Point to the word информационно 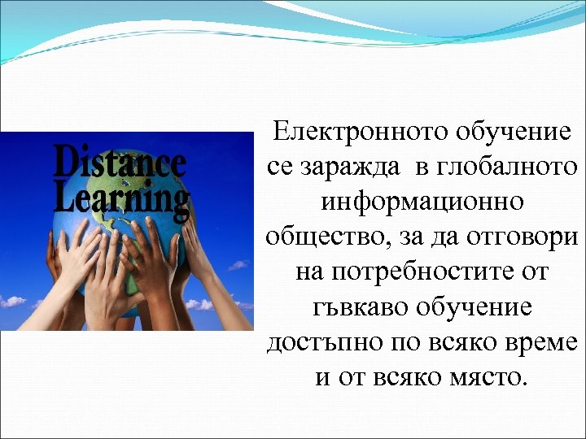point(422,202)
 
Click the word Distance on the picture point(120,162)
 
